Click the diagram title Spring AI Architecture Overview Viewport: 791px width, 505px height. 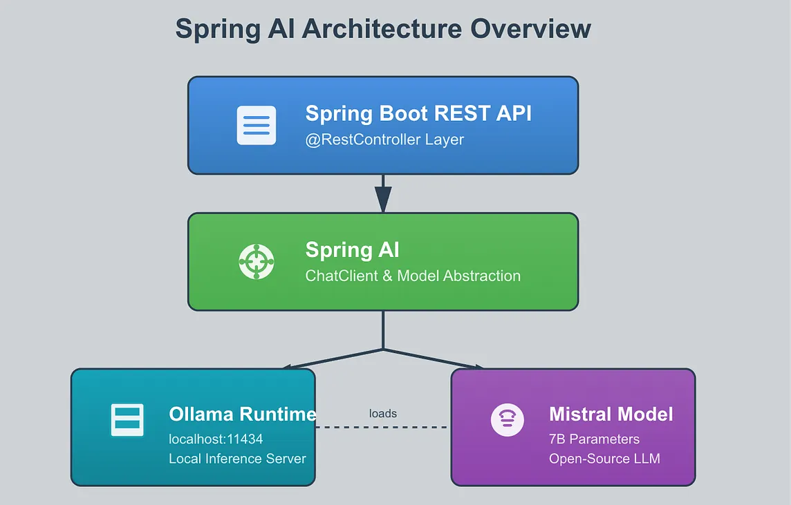tap(383, 29)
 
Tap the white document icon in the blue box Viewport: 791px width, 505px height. tap(257, 125)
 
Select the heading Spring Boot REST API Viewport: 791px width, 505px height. tap(418, 113)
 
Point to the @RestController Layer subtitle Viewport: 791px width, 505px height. tap(384, 140)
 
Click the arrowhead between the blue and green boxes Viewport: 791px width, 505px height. tap(383, 200)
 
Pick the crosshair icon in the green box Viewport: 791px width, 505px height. tap(257, 262)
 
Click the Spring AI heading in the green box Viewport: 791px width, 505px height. tap(352, 251)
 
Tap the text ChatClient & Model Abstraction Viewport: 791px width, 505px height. tap(413, 276)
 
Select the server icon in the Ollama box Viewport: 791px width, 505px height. tap(127, 419)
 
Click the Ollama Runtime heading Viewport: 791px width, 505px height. tap(243, 415)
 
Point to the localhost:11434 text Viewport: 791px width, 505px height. tap(216, 439)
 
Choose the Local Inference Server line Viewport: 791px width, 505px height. tap(237, 459)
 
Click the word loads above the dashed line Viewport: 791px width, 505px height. tap(383, 414)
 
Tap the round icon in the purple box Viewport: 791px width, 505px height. tap(508, 420)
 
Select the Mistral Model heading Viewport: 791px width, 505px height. tap(611, 415)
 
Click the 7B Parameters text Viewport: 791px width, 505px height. tap(594, 439)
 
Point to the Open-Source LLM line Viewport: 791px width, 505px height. tap(604, 459)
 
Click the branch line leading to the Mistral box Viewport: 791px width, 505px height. tap(433, 359)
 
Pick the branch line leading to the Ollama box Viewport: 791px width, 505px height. tap(333, 359)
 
